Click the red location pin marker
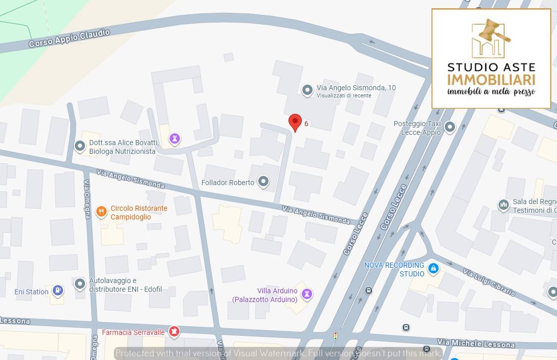[x=295, y=123]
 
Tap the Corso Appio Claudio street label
[x=69, y=38]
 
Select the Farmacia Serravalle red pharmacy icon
[x=175, y=332]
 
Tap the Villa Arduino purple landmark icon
[x=306, y=294]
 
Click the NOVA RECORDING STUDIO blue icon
[x=433, y=268]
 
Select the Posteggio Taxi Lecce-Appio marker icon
[x=450, y=127]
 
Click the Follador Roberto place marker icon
[x=263, y=182]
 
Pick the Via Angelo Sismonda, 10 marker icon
[x=307, y=91]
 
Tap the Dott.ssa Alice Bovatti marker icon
[x=80, y=147]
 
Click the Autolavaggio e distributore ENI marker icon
[x=79, y=284]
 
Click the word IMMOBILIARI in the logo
[x=491, y=80]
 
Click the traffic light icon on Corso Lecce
[x=336, y=336]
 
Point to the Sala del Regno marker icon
[x=503, y=205]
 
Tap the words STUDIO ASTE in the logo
[x=491, y=67]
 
